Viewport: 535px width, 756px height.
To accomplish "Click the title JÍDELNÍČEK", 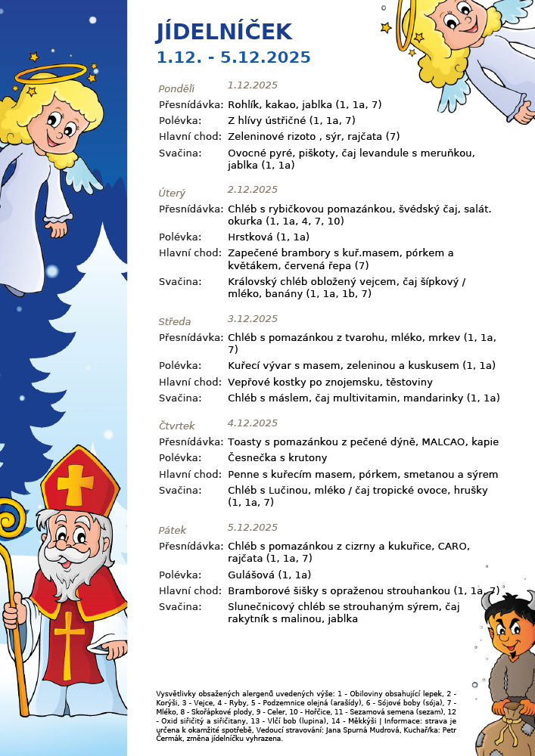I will click(x=224, y=32).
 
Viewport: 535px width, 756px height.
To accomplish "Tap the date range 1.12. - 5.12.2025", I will click(x=233, y=58).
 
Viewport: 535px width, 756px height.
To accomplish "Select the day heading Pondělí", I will click(x=176, y=88).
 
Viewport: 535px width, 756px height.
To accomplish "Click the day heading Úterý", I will click(x=172, y=194).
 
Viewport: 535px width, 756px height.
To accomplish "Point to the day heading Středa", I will click(x=175, y=322).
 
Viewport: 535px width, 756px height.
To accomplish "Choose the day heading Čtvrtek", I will click(x=176, y=426).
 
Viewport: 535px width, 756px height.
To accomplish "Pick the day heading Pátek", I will click(x=173, y=531).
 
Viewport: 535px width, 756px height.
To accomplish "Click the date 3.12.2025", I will click(x=253, y=319).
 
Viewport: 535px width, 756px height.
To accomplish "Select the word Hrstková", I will click(x=250, y=237).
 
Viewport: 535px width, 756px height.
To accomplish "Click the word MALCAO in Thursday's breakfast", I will click(x=444, y=442).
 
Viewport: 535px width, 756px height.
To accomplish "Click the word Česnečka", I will click(x=253, y=458).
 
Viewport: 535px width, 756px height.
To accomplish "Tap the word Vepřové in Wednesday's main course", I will click(x=250, y=382).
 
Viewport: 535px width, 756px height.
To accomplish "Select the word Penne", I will click(x=243, y=475).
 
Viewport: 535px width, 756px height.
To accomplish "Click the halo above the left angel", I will click(x=51, y=73).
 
